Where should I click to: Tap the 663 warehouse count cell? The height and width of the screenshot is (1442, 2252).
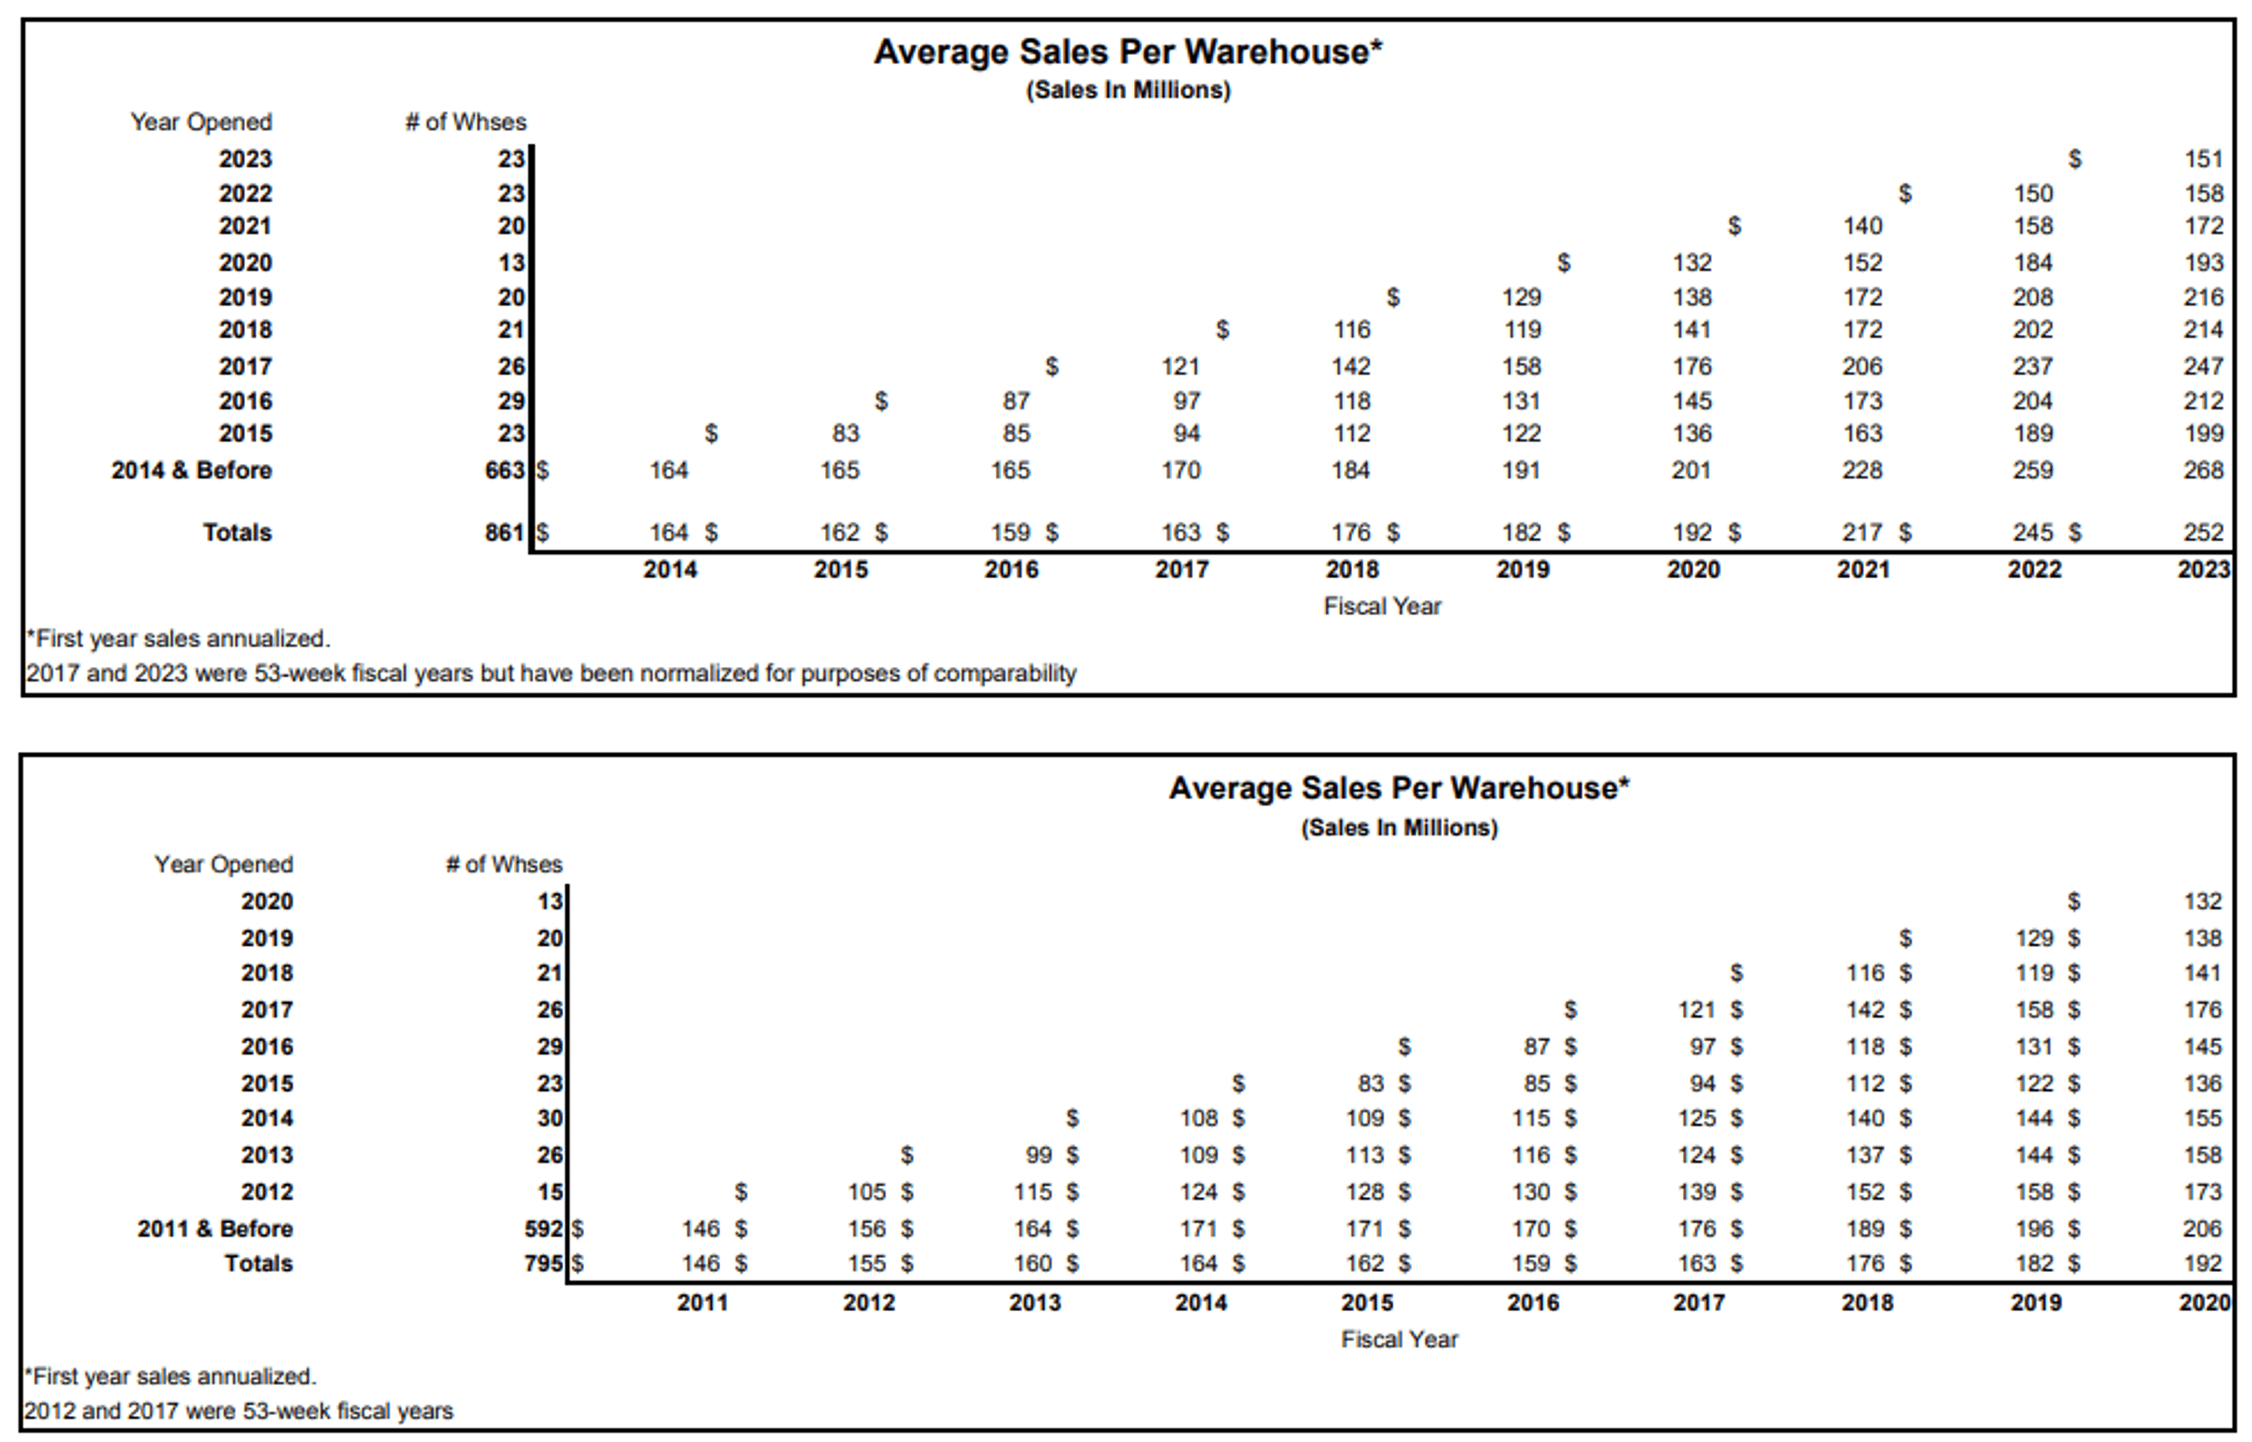pos(505,470)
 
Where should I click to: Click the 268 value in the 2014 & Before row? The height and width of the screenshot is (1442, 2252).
pos(2202,470)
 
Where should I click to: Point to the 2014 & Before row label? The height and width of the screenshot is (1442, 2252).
pos(191,470)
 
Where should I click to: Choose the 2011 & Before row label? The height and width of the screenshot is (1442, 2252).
pos(214,1228)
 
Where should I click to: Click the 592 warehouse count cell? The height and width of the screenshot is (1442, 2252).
pos(543,1228)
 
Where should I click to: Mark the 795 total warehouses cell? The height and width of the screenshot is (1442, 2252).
pos(543,1263)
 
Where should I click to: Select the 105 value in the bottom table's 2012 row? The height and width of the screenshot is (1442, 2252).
pos(866,1192)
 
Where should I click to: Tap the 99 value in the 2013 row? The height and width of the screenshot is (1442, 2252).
pos(1038,1155)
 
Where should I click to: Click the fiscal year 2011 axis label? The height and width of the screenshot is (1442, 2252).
pos(702,1302)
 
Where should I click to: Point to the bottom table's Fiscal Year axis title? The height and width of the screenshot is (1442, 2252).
pos(1399,1339)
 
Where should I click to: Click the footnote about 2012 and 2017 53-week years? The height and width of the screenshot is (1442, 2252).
pos(239,1410)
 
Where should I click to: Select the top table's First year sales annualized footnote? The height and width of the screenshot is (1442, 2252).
pos(178,638)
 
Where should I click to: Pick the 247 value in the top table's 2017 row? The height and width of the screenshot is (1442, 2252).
pos(2202,366)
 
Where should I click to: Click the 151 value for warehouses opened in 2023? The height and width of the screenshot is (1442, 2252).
pos(2202,159)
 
